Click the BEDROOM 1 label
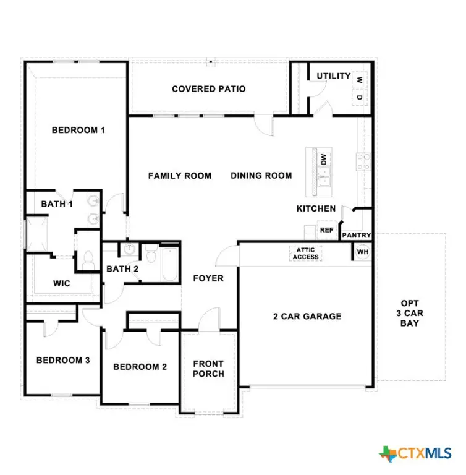78,130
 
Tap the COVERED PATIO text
208,89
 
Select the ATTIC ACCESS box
306,253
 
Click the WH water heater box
362,252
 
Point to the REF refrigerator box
326,230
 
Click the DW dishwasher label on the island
323,159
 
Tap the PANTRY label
357,236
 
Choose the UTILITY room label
334,76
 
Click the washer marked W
359,79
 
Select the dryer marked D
359,98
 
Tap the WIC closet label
62,283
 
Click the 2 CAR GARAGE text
307,316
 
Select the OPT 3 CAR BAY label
410,313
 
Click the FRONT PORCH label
208,369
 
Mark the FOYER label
208,278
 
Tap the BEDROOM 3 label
63,361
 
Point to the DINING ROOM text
261,176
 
